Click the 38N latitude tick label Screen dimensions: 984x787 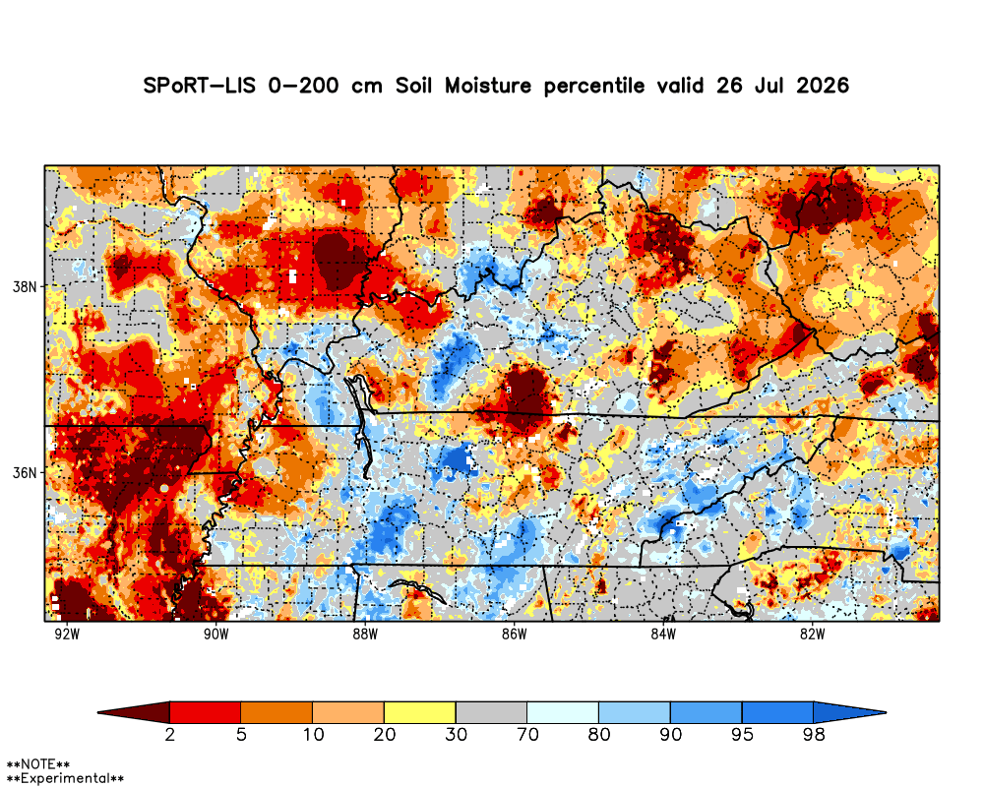(x=26, y=287)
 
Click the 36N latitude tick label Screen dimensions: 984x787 (x=26, y=472)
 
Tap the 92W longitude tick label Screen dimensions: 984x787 (x=67, y=635)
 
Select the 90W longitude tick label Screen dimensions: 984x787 (x=215, y=635)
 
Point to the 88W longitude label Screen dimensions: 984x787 (x=365, y=635)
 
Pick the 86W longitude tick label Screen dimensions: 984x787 (x=514, y=635)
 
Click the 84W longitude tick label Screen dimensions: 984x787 (x=663, y=635)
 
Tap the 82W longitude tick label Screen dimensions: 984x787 (x=812, y=635)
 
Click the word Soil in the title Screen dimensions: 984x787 (x=413, y=86)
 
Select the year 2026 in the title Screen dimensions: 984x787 (x=823, y=86)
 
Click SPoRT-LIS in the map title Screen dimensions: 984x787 (x=200, y=86)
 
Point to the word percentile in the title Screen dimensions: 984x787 (x=593, y=86)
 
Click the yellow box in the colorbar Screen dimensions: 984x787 (x=420, y=712)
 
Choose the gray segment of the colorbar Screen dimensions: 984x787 (x=491, y=712)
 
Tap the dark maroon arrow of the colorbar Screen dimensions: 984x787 (x=134, y=712)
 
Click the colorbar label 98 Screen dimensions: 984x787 (x=814, y=734)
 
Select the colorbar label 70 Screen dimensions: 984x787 (x=527, y=734)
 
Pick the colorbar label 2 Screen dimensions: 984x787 (x=170, y=734)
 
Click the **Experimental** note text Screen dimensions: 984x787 (x=65, y=778)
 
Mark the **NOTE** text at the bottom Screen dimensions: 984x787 (x=37, y=765)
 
